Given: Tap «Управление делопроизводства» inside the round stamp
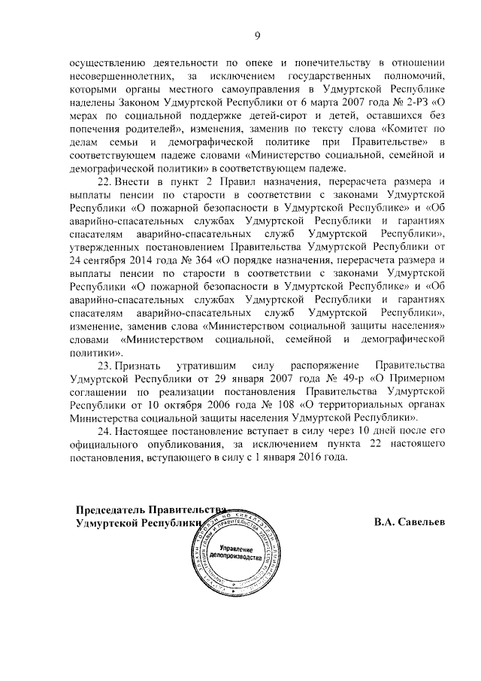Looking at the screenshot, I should (234, 558).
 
